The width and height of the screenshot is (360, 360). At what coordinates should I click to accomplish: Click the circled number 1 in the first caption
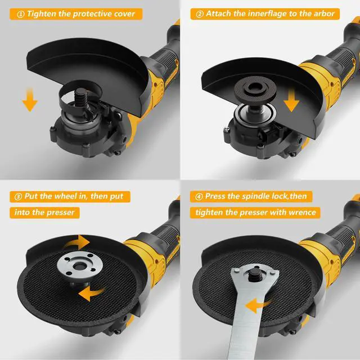[x=20, y=14]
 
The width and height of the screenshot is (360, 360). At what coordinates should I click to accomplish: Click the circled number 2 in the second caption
[x=200, y=14]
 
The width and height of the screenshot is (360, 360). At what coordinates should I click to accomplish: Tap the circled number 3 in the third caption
[x=18, y=197]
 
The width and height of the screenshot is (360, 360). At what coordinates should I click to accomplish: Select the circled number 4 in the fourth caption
[x=199, y=197]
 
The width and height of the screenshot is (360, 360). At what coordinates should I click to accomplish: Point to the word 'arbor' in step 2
[x=324, y=13]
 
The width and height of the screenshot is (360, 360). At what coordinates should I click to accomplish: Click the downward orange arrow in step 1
[x=30, y=100]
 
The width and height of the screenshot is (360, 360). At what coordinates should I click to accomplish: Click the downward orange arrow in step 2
[x=291, y=101]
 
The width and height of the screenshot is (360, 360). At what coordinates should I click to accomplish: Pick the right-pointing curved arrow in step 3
[x=78, y=242]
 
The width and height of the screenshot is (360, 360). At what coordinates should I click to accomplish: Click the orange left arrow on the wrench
[x=257, y=305]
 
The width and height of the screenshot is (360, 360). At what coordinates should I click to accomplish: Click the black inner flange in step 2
[x=253, y=89]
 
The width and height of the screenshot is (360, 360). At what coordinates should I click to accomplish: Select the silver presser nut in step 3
[x=79, y=265]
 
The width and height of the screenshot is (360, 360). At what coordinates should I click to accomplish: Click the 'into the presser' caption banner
[x=44, y=213]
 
